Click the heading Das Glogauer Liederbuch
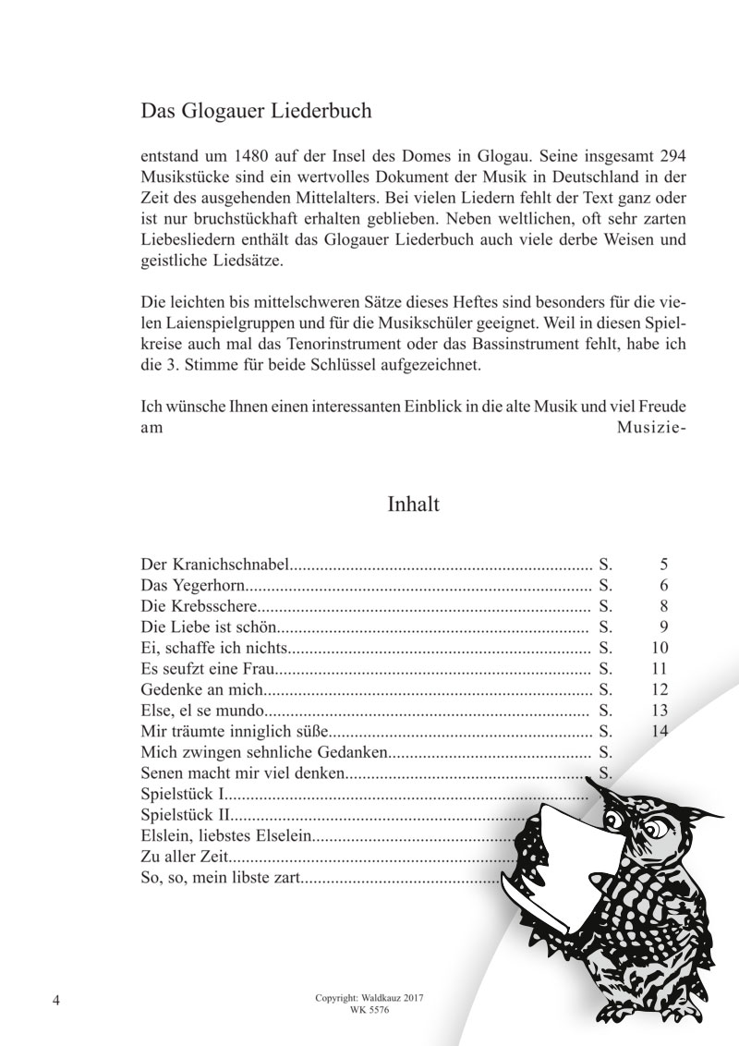click(x=256, y=113)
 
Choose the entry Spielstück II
click(x=185, y=815)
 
